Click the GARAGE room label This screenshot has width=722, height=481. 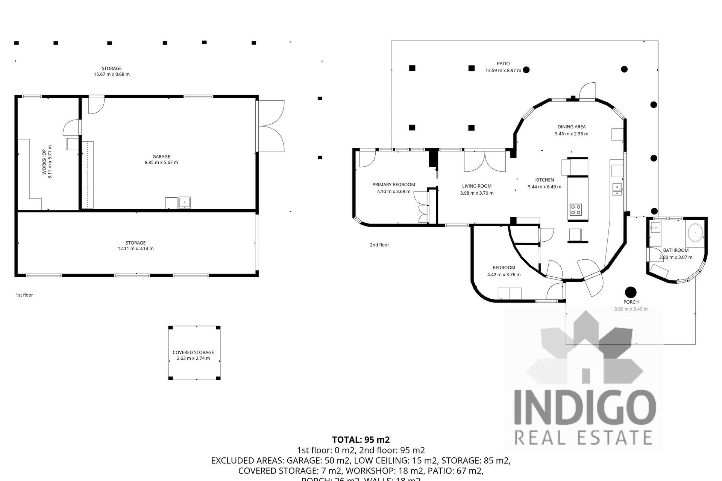click(x=161, y=157)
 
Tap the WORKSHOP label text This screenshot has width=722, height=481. click(x=44, y=162)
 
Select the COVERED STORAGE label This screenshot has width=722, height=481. click(x=193, y=352)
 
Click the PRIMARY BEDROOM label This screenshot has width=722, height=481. click(x=394, y=185)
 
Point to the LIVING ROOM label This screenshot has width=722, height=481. click(x=477, y=186)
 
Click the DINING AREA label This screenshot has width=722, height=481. click(x=572, y=127)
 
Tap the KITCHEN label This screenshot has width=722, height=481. click(x=545, y=180)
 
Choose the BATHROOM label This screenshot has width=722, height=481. click(x=676, y=250)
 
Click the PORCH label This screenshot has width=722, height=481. click(x=631, y=302)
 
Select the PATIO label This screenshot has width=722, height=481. click(x=503, y=64)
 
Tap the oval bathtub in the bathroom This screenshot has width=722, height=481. click(x=695, y=233)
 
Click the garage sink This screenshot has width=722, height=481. click(x=184, y=203)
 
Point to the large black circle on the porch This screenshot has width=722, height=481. click(x=631, y=292)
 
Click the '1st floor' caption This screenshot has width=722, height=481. click(x=24, y=295)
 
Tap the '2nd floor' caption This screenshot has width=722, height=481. click(x=379, y=245)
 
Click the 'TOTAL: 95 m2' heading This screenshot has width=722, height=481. click(x=361, y=440)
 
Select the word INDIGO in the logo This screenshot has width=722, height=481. click(x=585, y=409)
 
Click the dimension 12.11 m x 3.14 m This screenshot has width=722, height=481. click(x=135, y=248)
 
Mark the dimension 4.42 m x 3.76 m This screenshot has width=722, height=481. click(x=504, y=275)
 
